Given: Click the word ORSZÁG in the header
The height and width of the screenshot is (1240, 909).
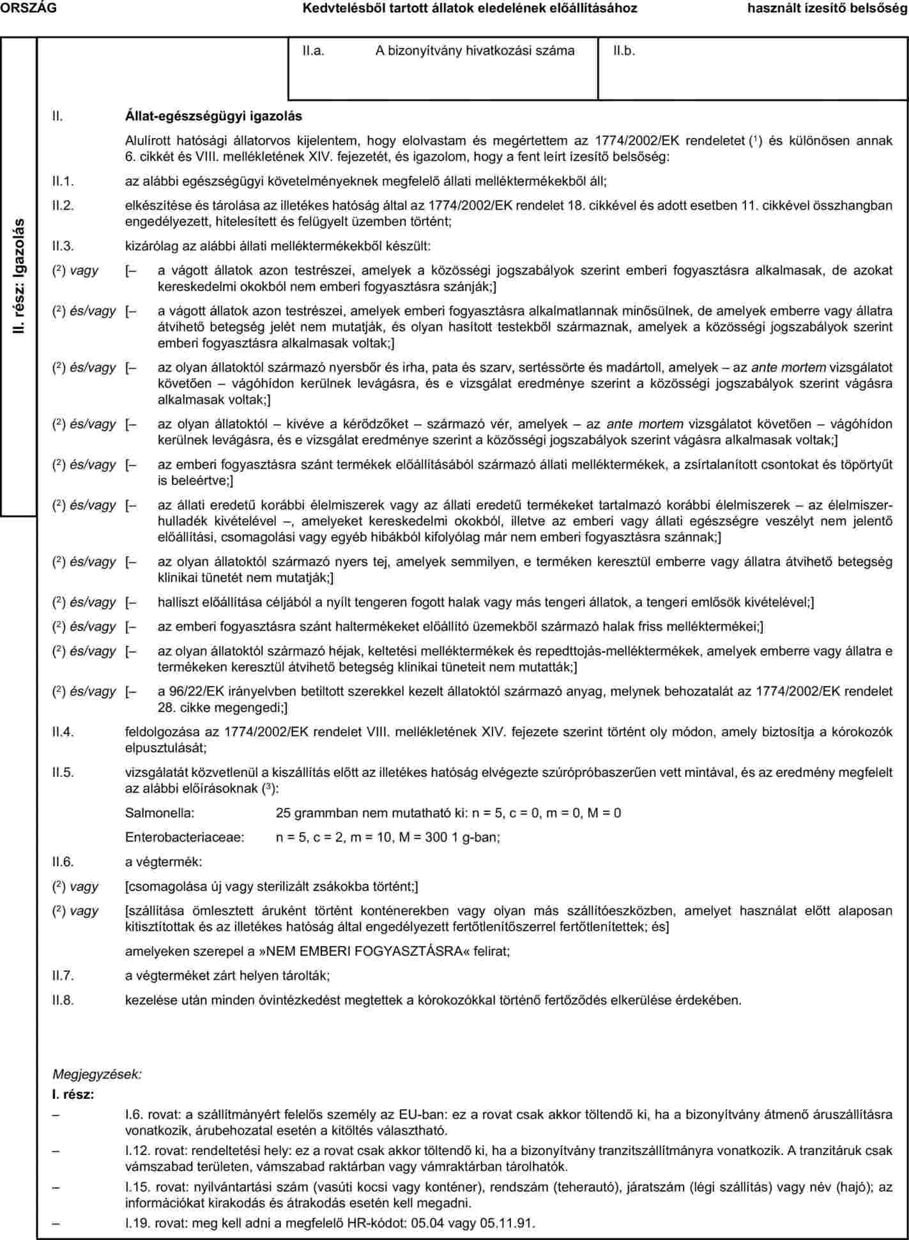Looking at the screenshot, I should (x=28, y=8).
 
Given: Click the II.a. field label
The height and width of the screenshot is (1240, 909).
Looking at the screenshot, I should (x=314, y=51).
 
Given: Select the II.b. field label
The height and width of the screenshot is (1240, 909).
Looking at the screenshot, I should (x=624, y=51).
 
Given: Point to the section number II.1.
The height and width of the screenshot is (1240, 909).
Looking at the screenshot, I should (x=64, y=181).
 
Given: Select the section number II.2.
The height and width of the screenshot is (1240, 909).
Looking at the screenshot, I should (x=64, y=206).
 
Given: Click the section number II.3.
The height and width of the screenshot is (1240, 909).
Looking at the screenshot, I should (x=64, y=245).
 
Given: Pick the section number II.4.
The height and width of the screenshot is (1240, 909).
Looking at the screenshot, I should (x=64, y=732).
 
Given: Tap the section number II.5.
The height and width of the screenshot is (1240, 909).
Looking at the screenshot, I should (x=64, y=772).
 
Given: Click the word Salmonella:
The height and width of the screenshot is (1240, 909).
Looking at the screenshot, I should (x=160, y=813).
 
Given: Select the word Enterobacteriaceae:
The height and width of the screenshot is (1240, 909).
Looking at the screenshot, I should (x=185, y=837).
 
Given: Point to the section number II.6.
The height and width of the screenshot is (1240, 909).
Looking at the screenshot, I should (x=64, y=862).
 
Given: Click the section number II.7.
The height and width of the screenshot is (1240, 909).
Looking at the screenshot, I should (x=64, y=976).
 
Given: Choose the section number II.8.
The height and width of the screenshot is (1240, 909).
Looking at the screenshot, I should (x=64, y=1000).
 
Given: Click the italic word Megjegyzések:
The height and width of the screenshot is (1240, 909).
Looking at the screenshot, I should (x=97, y=1074).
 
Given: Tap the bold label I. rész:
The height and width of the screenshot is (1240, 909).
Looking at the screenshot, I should (x=73, y=1095).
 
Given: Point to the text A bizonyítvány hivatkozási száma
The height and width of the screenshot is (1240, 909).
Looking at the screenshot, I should (x=475, y=51).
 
